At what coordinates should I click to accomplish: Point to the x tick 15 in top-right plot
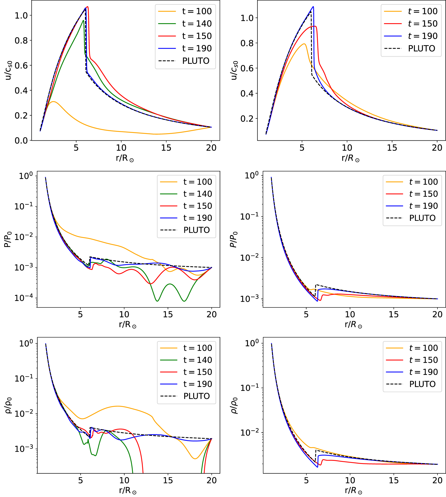[392, 148]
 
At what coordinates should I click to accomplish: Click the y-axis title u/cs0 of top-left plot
[9, 70]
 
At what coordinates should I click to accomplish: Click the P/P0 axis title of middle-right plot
[233, 239]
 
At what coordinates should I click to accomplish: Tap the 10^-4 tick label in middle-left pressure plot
[24, 298]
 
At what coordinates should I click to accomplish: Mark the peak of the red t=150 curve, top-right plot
[314, 26]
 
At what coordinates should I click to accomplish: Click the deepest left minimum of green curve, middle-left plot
[157, 301]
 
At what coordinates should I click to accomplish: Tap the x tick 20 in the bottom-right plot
[437, 480]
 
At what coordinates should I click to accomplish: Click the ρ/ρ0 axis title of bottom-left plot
[9, 405]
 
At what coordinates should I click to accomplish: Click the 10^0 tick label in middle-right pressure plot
[252, 176]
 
